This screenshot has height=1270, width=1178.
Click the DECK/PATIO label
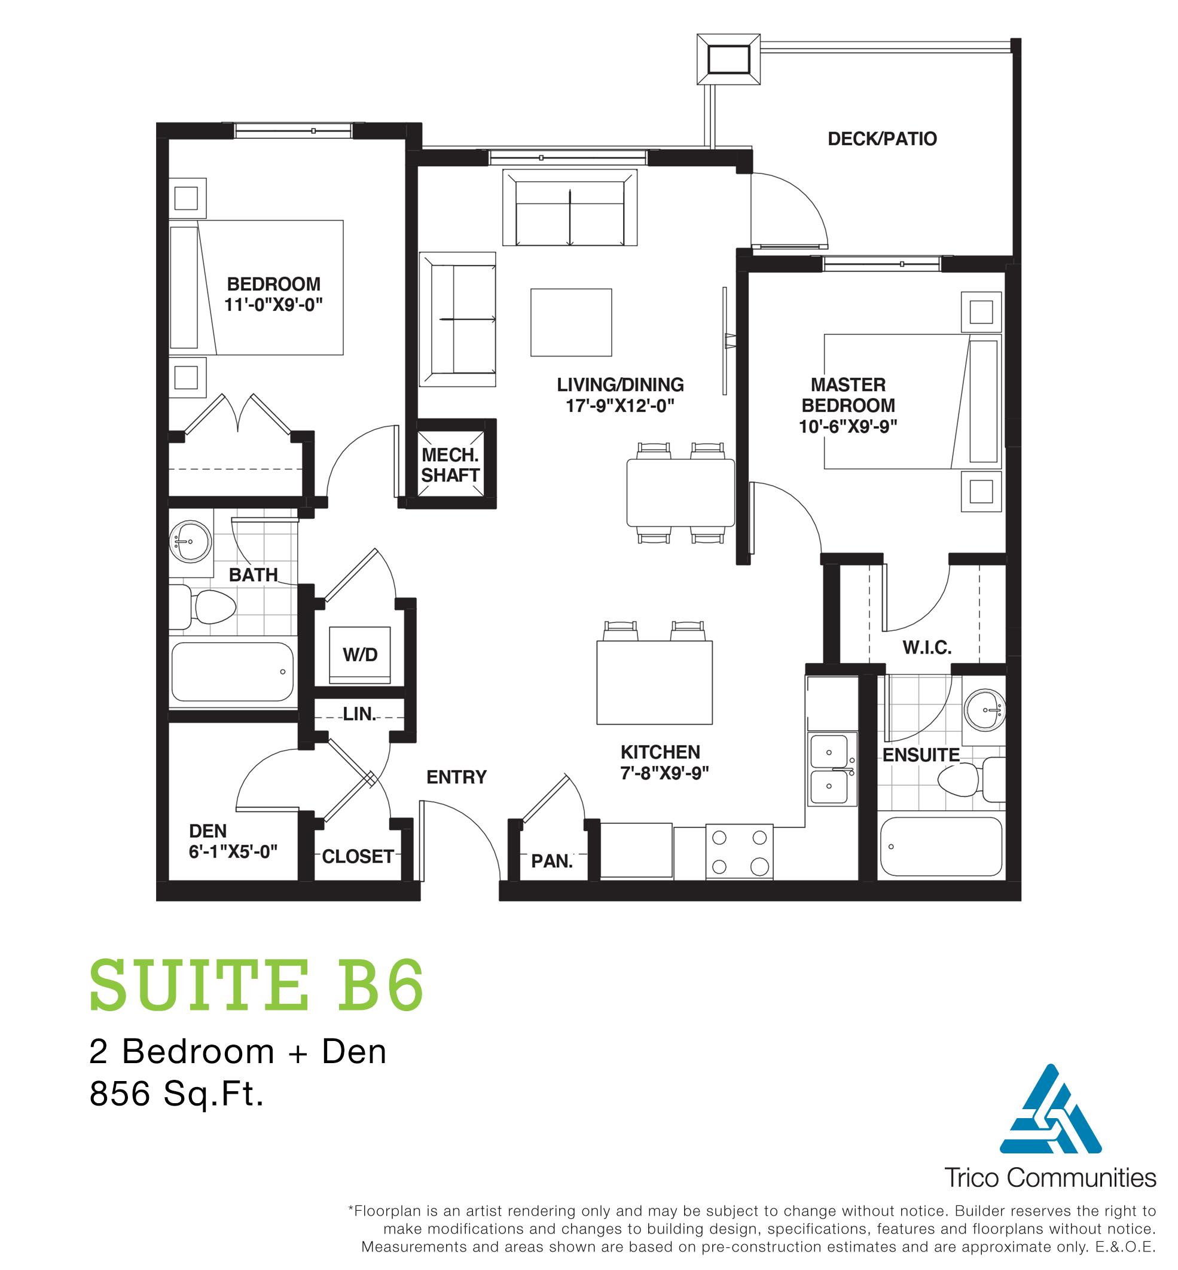click(x=881, y=139)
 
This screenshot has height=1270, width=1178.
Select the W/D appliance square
click(x=359, y=655)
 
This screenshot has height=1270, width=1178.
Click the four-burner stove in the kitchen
click(x=739, y=852)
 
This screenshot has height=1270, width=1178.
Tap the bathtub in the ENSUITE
click(x=940, y=846)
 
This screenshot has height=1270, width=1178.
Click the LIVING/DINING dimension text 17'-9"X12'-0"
click(x=619, y=406)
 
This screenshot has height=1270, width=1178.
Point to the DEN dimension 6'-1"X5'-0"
click(x=233, y=851)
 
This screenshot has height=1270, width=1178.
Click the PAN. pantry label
click(x=551, y=861)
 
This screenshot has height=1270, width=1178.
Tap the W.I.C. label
click(x=926, y=648)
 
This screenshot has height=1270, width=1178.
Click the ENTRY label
click(x=456, y=777)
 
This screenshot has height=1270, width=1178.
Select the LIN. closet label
click(x=359, y=714)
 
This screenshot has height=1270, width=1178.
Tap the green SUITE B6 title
click(x=257, y=986)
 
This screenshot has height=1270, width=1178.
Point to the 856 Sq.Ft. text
click(x=176, y=1094)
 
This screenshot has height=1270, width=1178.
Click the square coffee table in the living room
click(x=570, y=322)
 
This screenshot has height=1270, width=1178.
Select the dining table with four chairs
click(x=680, y=493)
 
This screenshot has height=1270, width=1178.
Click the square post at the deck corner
click(x=728, y=59)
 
